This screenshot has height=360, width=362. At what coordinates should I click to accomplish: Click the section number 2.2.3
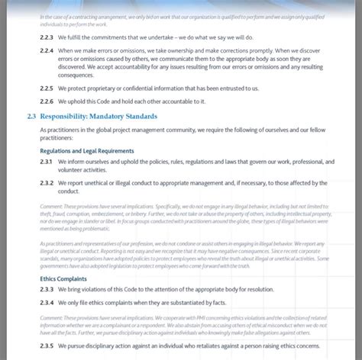coord(46,37)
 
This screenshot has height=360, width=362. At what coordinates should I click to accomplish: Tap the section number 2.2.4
coord(46,50)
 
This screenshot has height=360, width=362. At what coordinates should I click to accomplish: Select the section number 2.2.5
coord(46,88)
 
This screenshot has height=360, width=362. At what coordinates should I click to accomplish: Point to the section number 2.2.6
coord(46,101)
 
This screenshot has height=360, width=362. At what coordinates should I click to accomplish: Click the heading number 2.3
coord(31,117)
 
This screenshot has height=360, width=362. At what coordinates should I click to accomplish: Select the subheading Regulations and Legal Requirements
coord(86,151)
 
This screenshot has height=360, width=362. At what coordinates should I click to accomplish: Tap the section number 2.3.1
coord(46,162)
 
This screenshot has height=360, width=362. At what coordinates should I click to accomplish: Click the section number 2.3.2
coord(46,183)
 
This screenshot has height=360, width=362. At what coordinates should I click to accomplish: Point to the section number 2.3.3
coord(46,290)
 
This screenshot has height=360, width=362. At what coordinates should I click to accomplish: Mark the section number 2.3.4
coord(46,303)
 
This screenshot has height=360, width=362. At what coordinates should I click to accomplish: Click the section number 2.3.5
coord(46,347)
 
